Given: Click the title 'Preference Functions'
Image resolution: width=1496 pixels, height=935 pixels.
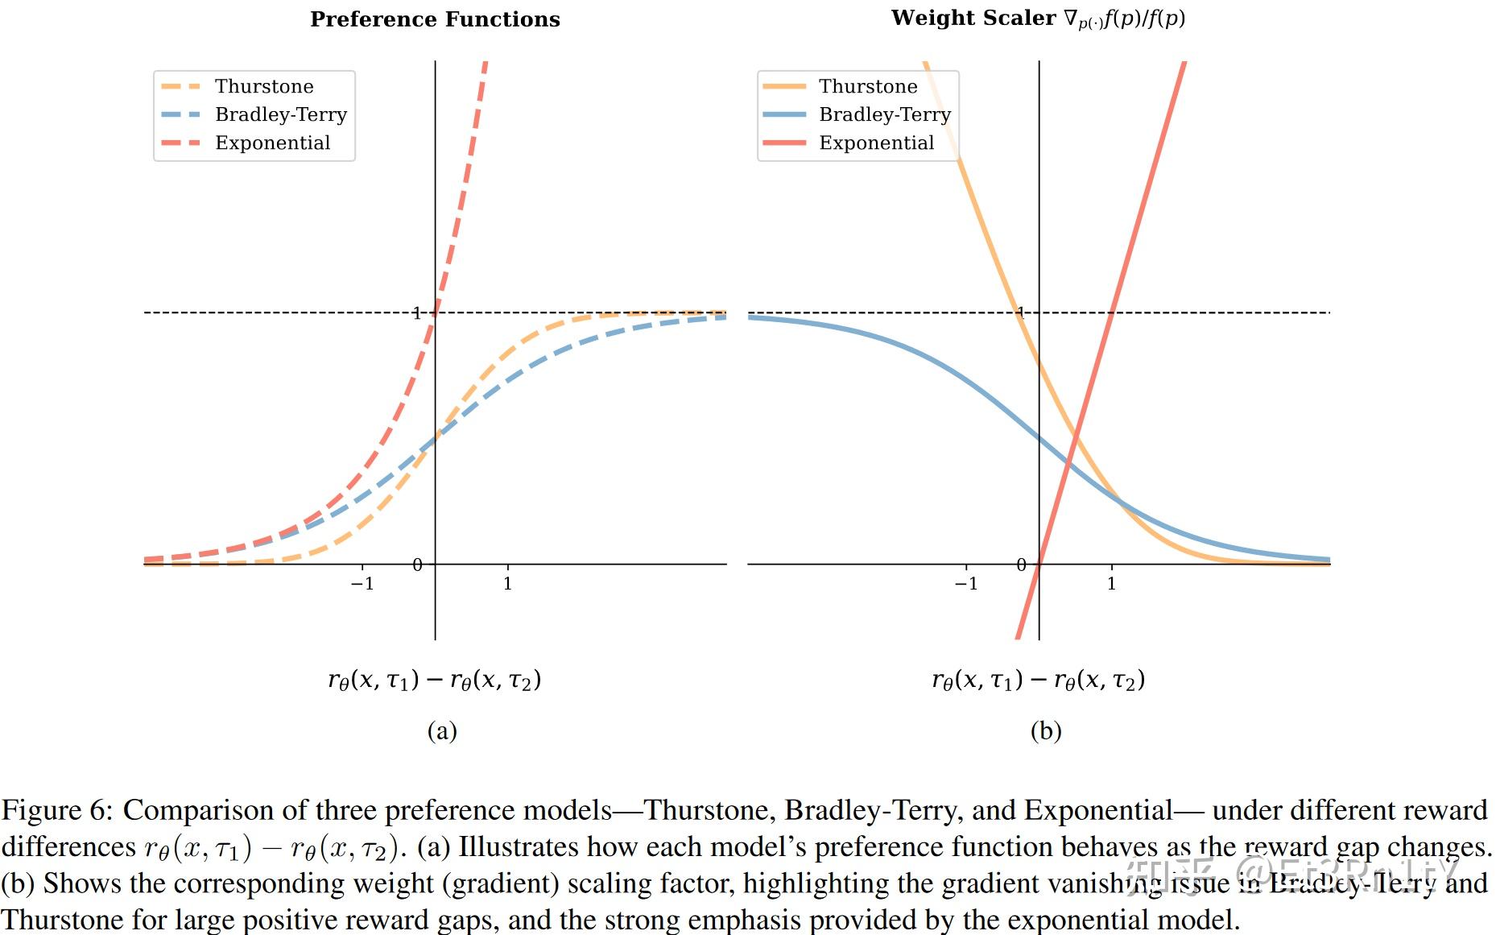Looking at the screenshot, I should coord(435,19).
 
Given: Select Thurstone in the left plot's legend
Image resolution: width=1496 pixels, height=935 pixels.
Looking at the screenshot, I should coord(263,86).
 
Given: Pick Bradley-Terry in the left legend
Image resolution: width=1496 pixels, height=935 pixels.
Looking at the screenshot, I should coord(280,114).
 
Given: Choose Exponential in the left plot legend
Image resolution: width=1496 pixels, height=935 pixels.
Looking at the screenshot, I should coord(272,143).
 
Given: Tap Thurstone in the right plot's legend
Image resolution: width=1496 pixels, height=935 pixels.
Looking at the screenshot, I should coord(867,86).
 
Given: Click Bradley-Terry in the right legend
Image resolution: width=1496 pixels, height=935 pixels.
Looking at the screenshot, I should coord(884,114).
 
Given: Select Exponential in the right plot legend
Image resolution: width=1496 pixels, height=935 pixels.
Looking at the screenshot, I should coord(876,143).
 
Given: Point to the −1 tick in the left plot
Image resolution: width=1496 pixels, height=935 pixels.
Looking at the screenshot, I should coord(362,583).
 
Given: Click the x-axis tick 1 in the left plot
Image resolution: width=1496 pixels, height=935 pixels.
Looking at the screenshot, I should coord(507,583).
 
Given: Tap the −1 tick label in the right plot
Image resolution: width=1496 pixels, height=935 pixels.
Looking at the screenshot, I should coord(966,583).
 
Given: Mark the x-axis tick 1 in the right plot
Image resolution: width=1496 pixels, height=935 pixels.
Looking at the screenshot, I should coord(1111,583).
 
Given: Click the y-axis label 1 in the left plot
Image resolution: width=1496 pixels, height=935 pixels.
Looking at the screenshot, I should coord(416,312).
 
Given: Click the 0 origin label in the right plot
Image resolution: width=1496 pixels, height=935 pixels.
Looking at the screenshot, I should coord(1021,565).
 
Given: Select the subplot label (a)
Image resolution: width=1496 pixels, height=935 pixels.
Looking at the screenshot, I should coord(442,730).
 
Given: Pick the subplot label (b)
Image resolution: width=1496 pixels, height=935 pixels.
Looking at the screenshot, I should coord(1046,730).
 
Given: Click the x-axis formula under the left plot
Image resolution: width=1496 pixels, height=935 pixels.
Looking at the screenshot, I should coord(434,681).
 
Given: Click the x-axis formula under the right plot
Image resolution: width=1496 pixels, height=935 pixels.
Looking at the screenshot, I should coord(1038,681).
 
